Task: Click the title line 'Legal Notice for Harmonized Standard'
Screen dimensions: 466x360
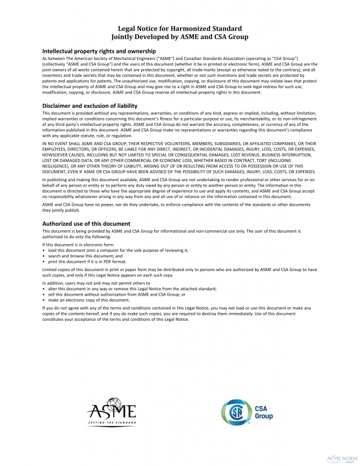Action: tap(179, 28)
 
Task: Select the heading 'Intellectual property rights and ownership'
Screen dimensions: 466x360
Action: tap(99, 52)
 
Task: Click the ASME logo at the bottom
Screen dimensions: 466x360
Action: tap(112, 410)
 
